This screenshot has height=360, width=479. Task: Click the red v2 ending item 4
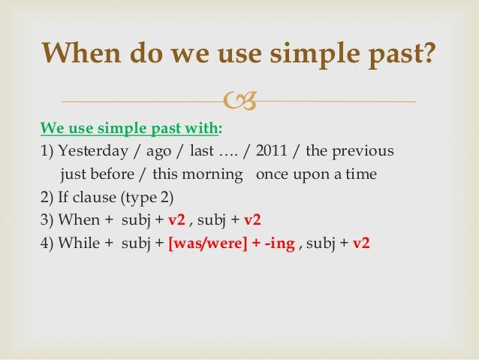(361, 244)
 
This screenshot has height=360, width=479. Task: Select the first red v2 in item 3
(176, 221)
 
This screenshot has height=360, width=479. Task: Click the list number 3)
(47, 221)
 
